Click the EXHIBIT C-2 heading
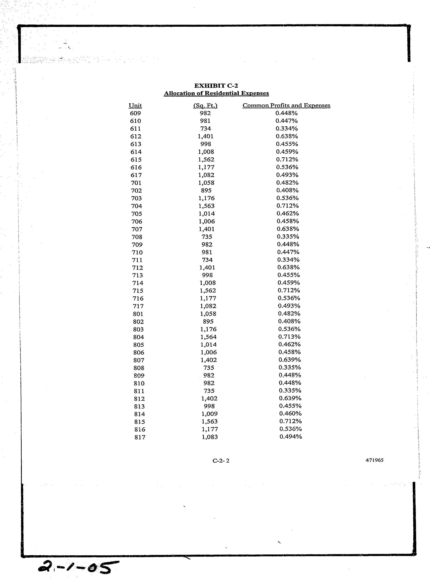216,86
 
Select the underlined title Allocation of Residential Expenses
216,93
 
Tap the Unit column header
135,105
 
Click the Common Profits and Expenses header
286,105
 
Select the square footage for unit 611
206,129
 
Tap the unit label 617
136,175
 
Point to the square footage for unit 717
208,306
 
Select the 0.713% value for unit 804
289,337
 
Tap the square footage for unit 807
208,360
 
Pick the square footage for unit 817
210,437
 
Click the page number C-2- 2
221,461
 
